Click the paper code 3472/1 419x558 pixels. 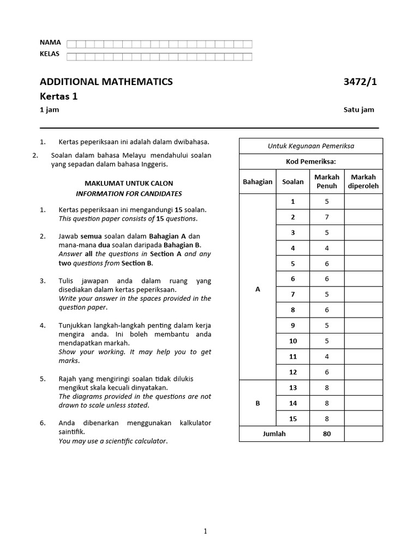tap(360, 82)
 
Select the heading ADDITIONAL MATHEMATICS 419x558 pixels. tap(106, 82)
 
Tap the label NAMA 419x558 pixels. tap(50, 43)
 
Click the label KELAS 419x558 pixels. tap(50, 54)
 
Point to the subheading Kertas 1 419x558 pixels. tap(58, 96)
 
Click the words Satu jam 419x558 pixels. tap(359, 110)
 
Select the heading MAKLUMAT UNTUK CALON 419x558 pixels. tap(129, 184)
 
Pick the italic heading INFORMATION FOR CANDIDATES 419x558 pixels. tap(129, 193)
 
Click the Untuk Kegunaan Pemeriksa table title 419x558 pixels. tap(311, 146)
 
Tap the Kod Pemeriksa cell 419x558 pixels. tap(311, 162)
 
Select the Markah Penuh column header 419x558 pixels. tap(327, 181)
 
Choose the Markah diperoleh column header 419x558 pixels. tap(363, 181)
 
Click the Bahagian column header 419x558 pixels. tap(258, 181)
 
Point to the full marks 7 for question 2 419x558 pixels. tap(327, 217)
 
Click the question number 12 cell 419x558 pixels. tap(293, 372)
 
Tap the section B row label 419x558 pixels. tap(258, 403)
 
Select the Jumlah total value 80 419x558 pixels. tap(327, 434)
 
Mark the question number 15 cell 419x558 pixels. tap(293, 418)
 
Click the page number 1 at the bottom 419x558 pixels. tap(205, 532)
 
